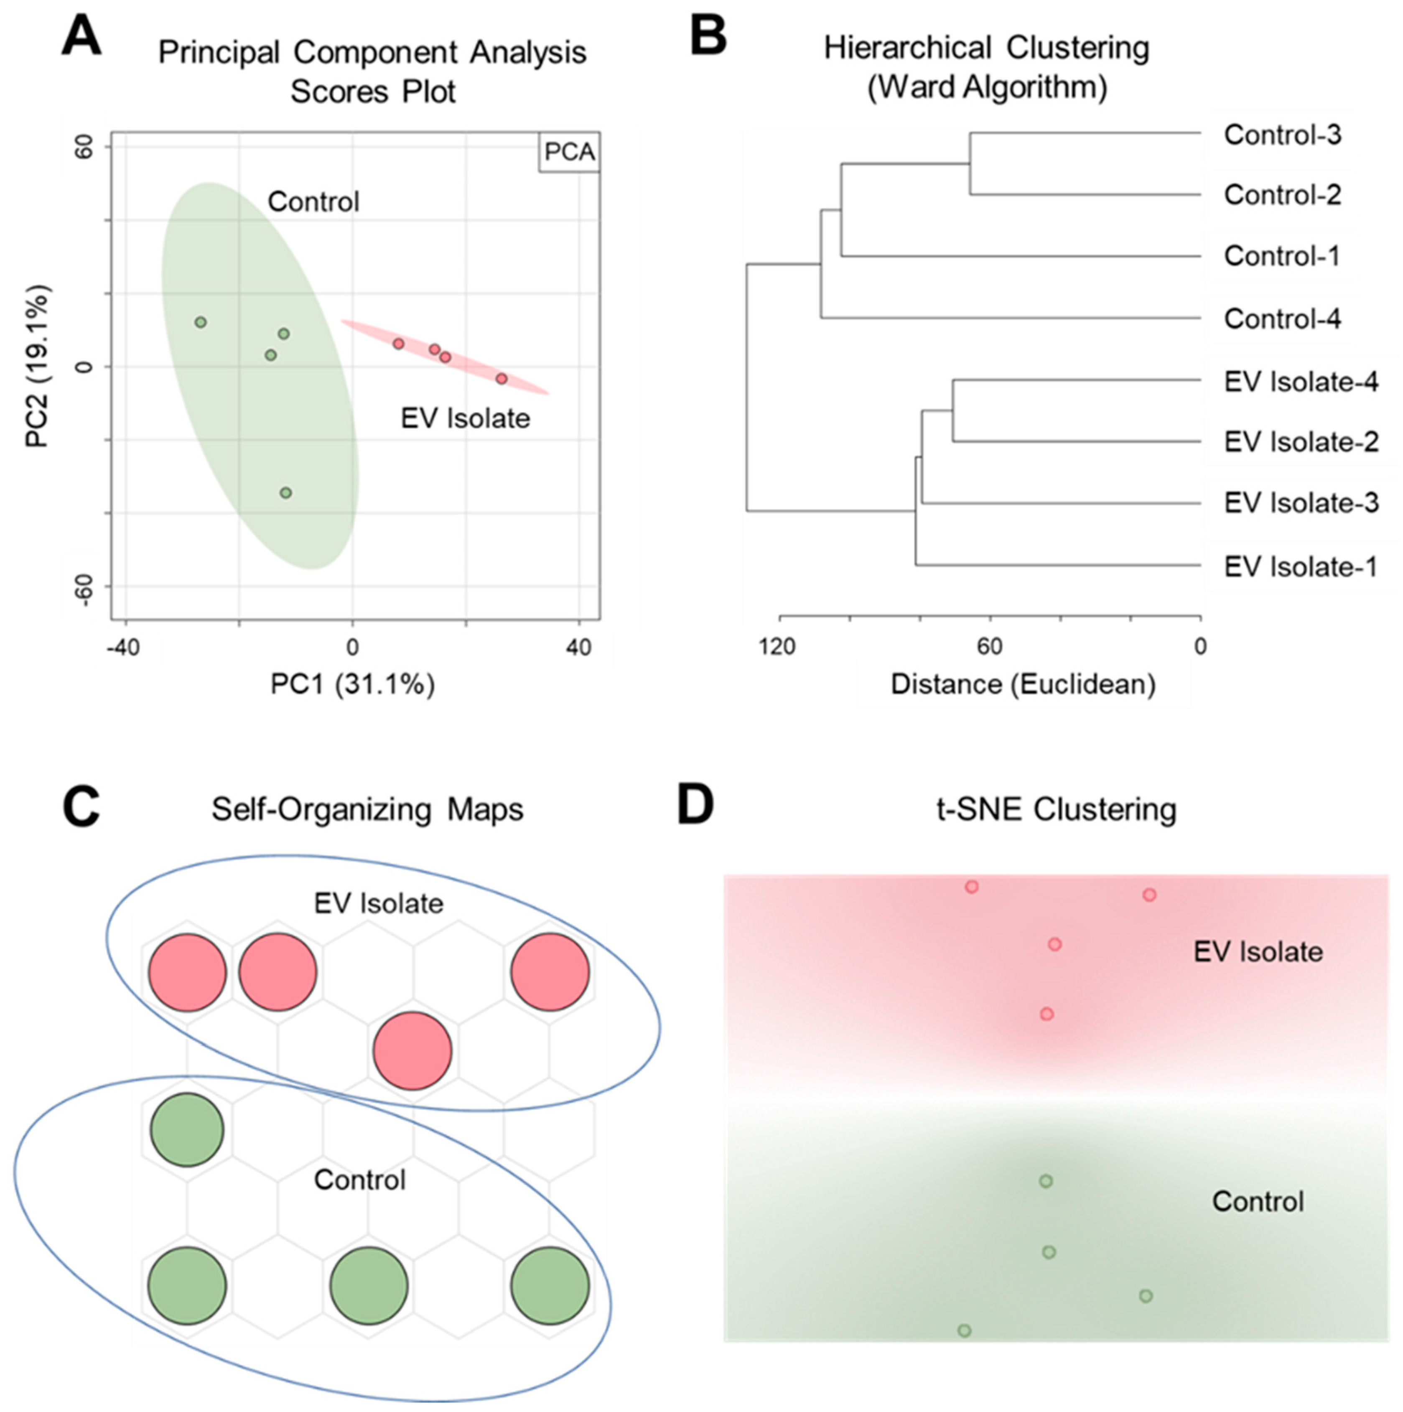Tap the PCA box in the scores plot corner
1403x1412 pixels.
coord(569,153)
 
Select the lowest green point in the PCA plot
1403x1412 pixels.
coord(286,492)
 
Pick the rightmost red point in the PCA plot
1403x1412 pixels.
coord(501,379)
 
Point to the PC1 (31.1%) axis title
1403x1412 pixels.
coord(352,685)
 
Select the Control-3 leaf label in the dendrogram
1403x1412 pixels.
coord(1283,135)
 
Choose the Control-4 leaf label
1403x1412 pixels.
coord(1283,319)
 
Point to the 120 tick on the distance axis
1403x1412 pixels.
coord(777,646)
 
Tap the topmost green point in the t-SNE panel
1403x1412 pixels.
coord(1046,1181)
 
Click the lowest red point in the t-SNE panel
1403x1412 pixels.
coord(1047,1014)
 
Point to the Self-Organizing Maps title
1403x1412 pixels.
coord(367,810)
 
